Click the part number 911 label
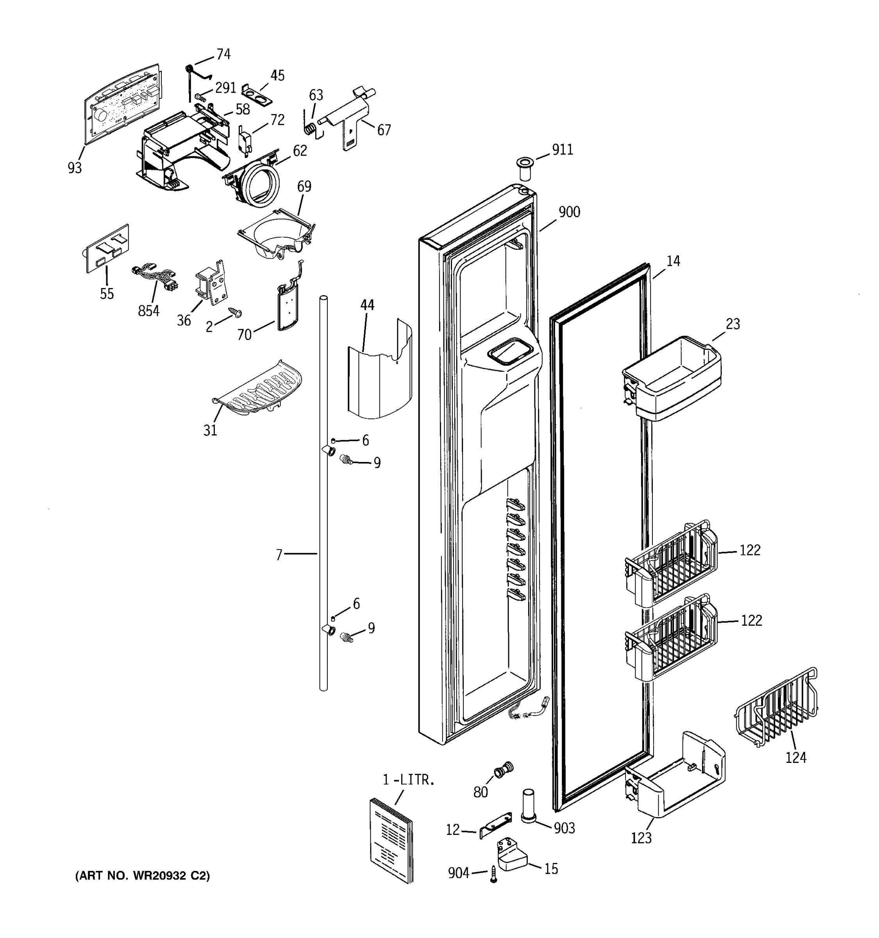click(562, 150)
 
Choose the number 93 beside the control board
click(75, 168)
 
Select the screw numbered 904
click(494, 874)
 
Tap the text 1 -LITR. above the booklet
click(408, 780)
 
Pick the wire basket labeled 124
click(776, 706)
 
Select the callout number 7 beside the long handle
click(279, 555)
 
